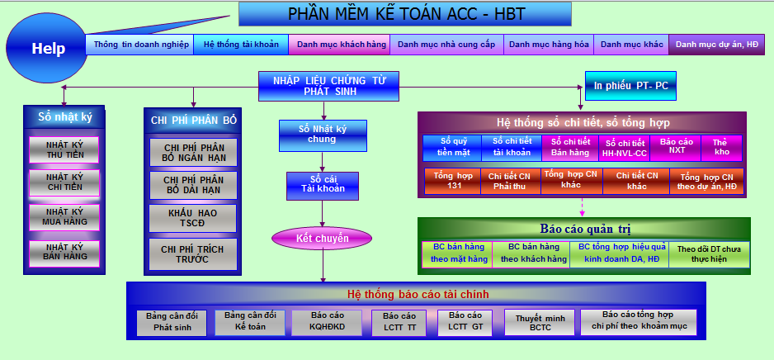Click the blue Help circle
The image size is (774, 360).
[47, 48]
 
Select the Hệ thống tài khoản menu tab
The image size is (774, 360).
[241, 45]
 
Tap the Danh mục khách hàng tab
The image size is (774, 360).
[339, 45]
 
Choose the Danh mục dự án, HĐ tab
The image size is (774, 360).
[717, 45]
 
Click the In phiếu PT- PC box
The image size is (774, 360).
[630, 85]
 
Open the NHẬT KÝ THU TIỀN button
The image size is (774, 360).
[64, 149]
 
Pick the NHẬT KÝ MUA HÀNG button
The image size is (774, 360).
[64, 217]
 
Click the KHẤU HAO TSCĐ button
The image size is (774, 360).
[192, 218]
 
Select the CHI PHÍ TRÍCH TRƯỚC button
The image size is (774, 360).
[192, 254]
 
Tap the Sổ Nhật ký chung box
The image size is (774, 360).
[323, 135]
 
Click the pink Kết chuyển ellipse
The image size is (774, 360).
[322, 239]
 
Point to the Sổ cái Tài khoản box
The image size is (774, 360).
[323, 186]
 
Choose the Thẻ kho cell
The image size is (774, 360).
[721, 148]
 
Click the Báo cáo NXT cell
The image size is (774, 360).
[675, 148]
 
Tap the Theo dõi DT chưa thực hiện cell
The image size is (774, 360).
[709, 254]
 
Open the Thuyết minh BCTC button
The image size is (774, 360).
[540, 323]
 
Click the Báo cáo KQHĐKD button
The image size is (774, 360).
[328, 323]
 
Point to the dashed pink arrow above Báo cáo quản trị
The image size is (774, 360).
[582, 207]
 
